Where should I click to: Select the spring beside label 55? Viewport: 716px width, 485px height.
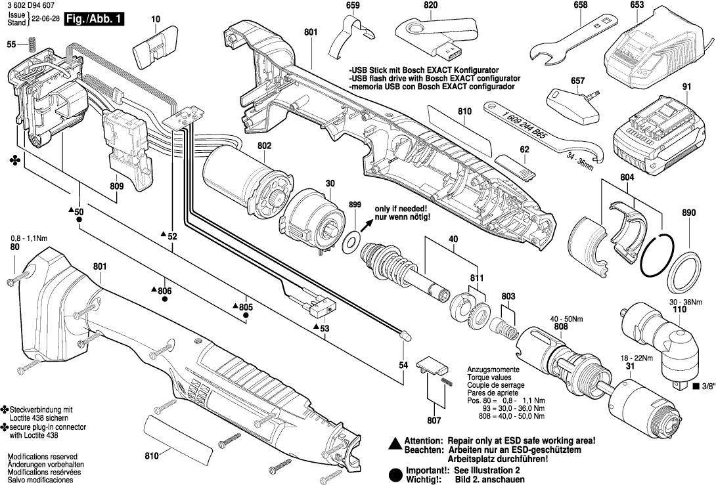click(x=31, y=45)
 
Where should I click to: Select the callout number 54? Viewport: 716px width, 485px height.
click(x=403, y=364)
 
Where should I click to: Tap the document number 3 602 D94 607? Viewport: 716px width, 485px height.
click(x=30, y=5)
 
